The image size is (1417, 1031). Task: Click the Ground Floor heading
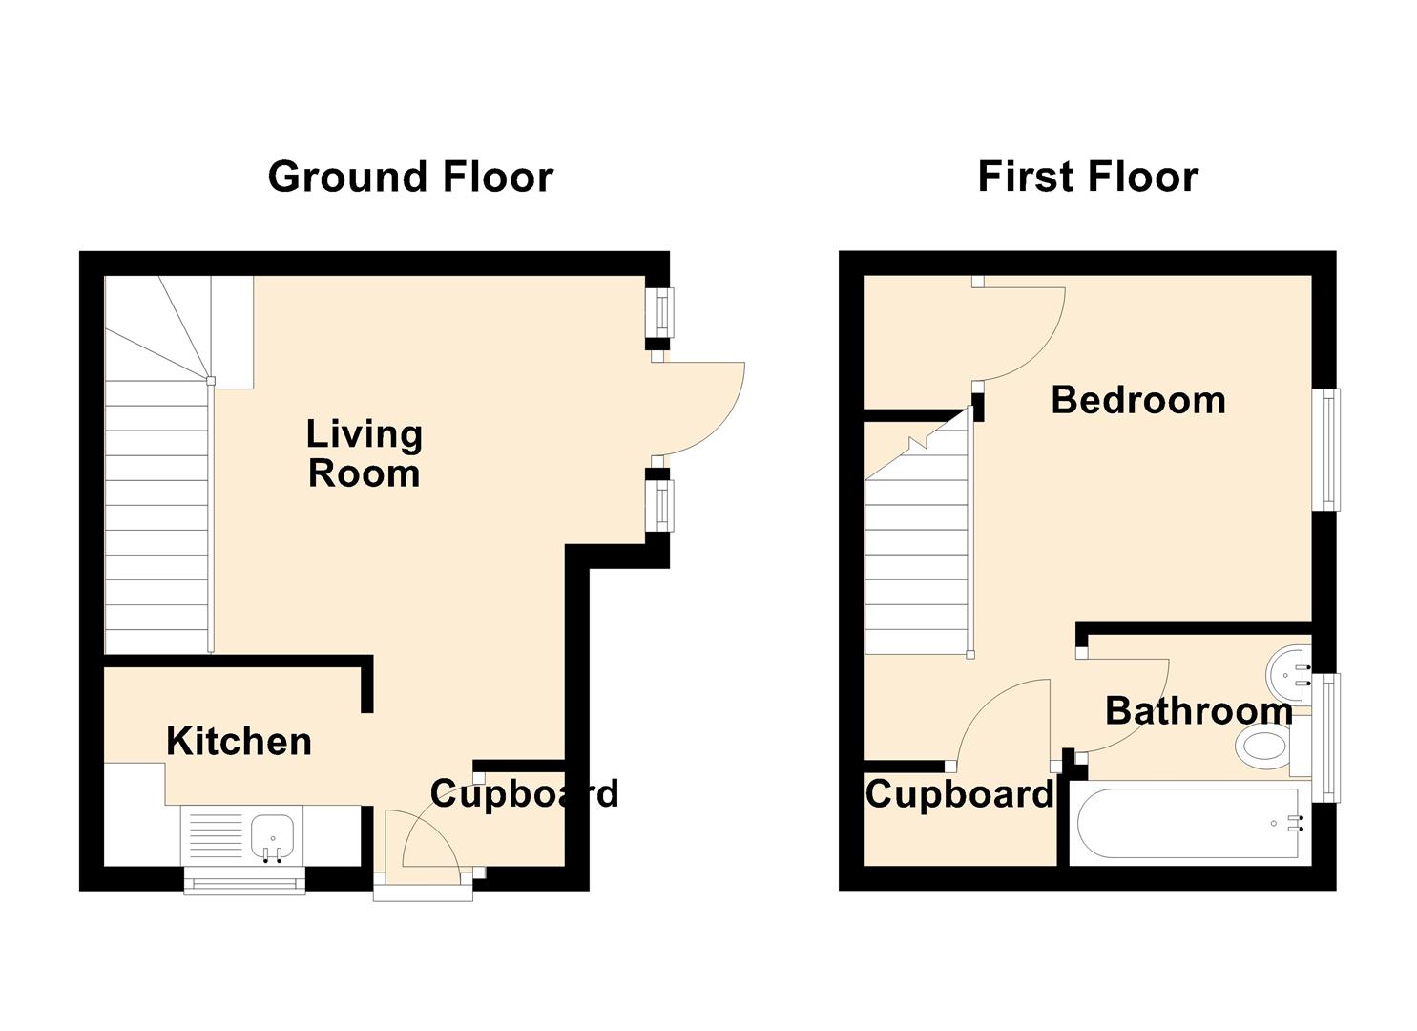click(410, 177)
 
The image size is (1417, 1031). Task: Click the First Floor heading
click(1088, 177)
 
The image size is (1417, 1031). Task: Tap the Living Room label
click(365, 453)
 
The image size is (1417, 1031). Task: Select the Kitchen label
click(240, 742)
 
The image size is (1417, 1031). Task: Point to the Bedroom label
click(1138, 401)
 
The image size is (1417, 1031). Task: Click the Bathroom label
click(1198, 711)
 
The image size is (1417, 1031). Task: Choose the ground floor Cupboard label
click(524, 795)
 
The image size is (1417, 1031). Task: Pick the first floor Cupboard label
click(960, 795)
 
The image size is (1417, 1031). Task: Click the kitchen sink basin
click(273, 836)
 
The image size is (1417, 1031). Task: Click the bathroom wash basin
click(1288, 675)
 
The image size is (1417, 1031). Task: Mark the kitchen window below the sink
click(244, 880)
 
